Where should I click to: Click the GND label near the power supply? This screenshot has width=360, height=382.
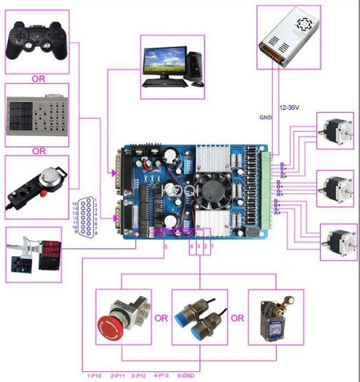pyautogui.click(x=266, y=118)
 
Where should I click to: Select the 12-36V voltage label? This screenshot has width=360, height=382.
pyautogui.click(x=290, y=107)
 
